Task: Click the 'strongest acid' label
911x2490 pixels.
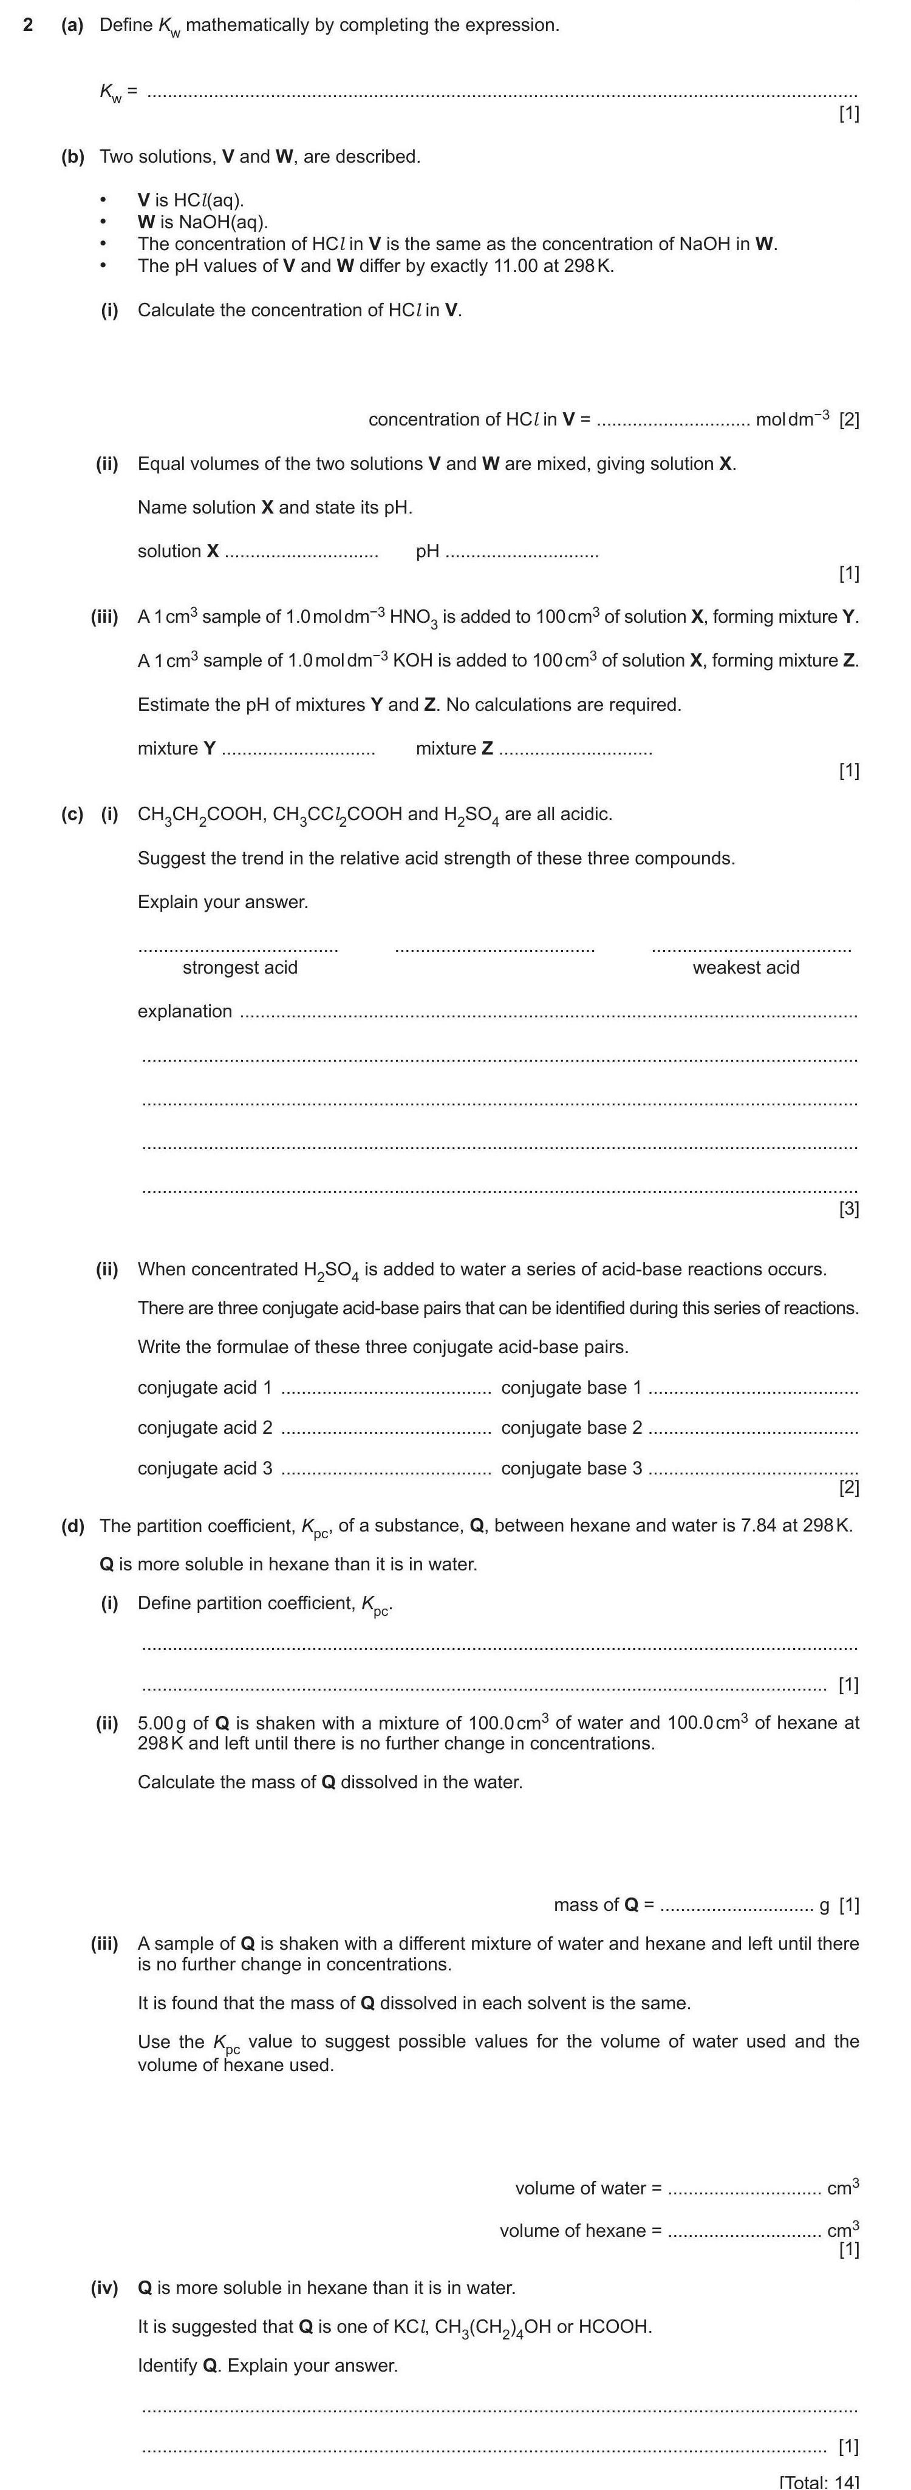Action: (x=240, y=968)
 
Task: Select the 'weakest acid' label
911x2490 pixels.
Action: (x=746, y=968)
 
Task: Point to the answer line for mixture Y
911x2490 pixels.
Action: (x=299, y=751)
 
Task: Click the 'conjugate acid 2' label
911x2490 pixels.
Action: (x=205, y=1428)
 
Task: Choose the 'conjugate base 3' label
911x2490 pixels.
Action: (x=572, y=1468)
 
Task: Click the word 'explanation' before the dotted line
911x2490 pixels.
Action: (x=185, y=1011)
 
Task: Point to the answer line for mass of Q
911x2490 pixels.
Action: (x=737, y=1905)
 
